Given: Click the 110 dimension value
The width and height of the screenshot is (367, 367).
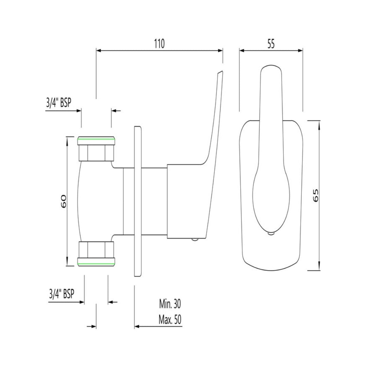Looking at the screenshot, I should tap(159, 44).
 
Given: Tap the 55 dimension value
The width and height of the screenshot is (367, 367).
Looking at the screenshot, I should tap(271, 44).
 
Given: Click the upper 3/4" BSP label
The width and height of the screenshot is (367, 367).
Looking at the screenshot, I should tap(58, 103).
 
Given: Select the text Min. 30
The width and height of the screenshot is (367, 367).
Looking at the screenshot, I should tap(170, 303).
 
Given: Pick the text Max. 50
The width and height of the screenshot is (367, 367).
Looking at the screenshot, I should tap(170, 320).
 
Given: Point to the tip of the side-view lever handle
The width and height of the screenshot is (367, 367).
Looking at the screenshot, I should tap(221, 72).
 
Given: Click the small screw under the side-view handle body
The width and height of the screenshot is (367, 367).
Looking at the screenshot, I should tap(194, 239).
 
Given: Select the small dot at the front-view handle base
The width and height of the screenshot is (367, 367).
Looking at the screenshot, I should tap(271, 233).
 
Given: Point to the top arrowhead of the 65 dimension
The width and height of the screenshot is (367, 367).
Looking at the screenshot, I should tap(319, 123).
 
